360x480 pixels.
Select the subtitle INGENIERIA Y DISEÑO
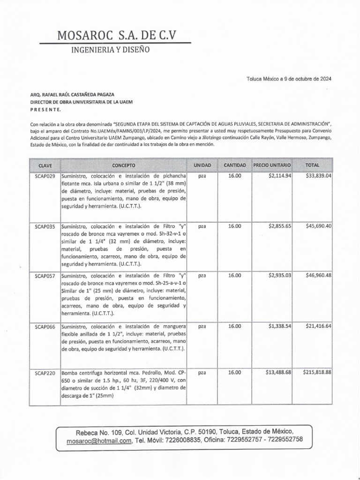pyautogui.click(x=110, y=50)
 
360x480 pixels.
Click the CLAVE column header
pyautogui.click(x=45, y=165)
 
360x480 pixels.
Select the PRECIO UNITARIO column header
pyautogui.click(x=272, y=165)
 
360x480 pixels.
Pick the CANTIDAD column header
pyautogui.click(x=234, y=165)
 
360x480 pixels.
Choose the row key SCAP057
pyautogui.click(x=45, y=276)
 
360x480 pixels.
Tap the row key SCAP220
pyautogui.click(x=45, y=373)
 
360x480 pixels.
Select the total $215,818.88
pyautogui.click(x=317, y=373)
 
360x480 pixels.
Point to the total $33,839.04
pyautogui.click(x=318, y=176)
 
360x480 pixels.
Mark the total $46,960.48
pyautogui.click(x=318, y=276)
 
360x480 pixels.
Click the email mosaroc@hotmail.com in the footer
pyautogui.click(x=98, y=441)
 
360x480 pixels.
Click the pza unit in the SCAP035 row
pyautogui.click(x=202, y=226)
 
